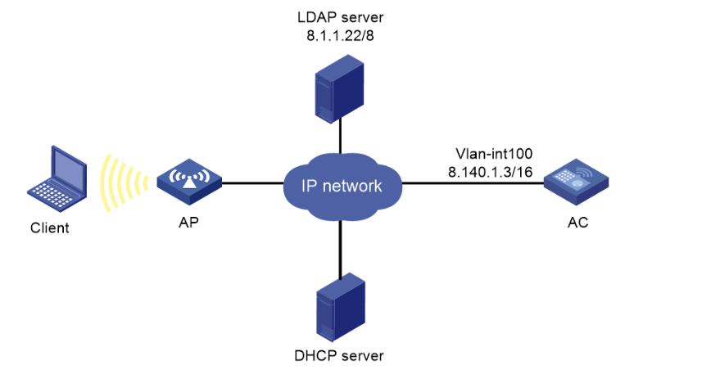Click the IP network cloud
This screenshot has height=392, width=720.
342,185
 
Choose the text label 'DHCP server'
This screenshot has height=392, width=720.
338,356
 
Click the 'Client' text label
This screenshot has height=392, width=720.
49,228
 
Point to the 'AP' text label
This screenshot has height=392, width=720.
188,223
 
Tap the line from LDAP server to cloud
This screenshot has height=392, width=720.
338,137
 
